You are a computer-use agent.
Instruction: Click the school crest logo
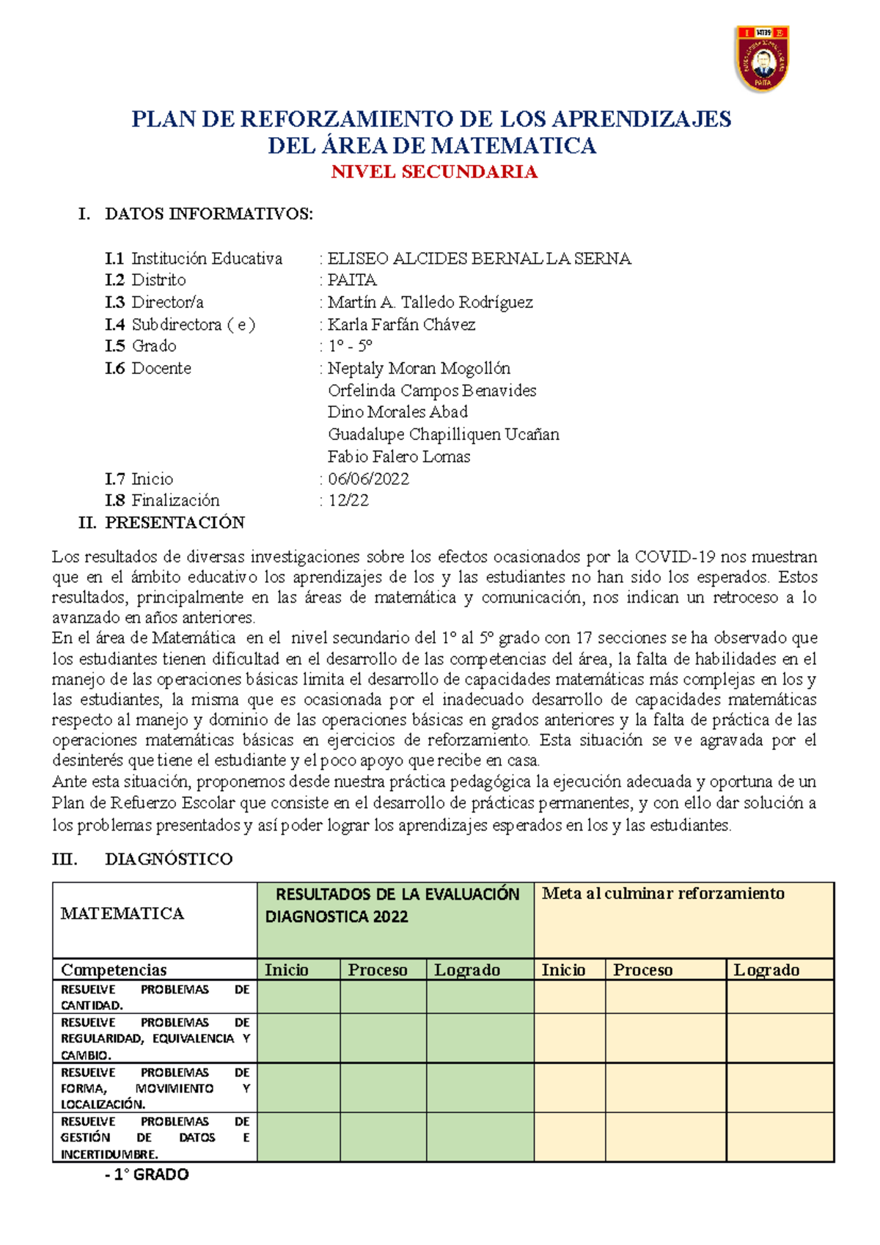click(762, 59)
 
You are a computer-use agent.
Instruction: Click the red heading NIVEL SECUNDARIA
click(434, 172)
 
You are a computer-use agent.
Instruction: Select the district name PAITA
click(352, 280)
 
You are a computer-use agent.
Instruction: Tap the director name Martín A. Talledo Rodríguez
click(430, 302)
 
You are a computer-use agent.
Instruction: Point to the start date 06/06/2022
click(368, 479)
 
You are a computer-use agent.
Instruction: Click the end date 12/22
click(348, 500)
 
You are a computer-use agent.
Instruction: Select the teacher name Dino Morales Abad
click(397, 412)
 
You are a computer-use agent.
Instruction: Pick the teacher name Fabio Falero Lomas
click(399, 456)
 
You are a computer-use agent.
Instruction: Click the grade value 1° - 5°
click(350, 346)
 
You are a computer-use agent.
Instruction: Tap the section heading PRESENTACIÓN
click(175, 522)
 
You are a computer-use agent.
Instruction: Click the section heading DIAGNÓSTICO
click(169, 859)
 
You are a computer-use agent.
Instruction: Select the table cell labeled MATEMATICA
click(122, 914)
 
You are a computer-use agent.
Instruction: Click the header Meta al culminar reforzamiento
click(663, 893)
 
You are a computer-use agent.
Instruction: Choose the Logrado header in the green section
click(467, 970)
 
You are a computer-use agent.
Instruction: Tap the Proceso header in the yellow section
click(642, 970)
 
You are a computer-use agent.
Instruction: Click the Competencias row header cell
click(114, 970)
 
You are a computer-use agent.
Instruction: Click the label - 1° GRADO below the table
click(147, 1175)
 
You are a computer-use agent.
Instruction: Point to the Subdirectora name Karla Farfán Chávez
click(401, 324)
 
